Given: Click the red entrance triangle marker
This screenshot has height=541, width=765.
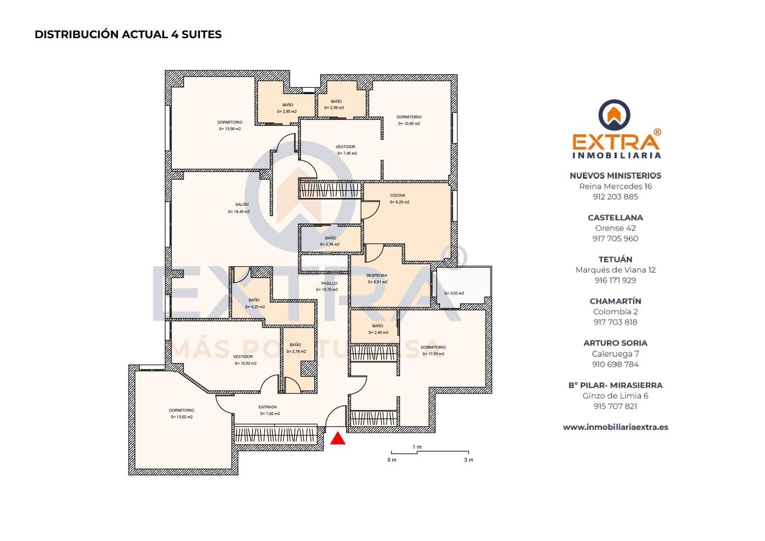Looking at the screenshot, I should click(338, 439).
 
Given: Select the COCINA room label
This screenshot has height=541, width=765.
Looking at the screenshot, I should click(398, 195).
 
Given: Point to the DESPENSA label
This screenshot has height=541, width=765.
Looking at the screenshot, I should click(376, 276).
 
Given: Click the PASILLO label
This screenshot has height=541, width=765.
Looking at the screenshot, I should click(329, 283).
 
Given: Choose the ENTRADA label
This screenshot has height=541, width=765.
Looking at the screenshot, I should click(268, 407).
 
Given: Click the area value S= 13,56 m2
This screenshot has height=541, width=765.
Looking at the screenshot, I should click(229, 129).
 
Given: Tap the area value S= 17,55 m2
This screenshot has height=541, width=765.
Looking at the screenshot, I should click(433, 354).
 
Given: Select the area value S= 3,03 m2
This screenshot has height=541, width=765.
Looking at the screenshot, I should click(454, 293).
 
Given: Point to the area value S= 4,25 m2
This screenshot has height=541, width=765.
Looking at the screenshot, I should click(254, 307).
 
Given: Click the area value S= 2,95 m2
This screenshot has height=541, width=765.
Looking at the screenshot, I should click(287, 111).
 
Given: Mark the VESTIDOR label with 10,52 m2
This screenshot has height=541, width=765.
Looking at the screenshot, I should click(243, 357).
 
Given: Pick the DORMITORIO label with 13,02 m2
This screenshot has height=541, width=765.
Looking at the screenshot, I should click(182, 410).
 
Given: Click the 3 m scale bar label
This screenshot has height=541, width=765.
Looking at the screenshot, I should click(468, 460).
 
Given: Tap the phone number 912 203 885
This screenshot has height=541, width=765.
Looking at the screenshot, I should click(615, 197).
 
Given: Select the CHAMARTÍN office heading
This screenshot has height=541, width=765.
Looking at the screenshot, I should click(615, 301).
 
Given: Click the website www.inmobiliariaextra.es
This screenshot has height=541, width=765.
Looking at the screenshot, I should click(615, 427).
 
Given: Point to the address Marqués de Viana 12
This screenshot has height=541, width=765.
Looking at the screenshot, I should click(615, 270).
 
